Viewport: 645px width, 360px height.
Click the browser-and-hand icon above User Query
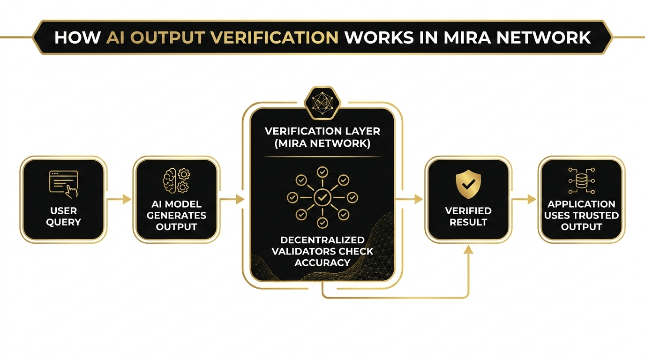point(64,182)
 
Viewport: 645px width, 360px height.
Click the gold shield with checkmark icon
point(468,184)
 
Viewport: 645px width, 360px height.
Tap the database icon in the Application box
point(581,179)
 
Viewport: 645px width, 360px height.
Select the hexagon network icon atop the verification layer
point(322,100)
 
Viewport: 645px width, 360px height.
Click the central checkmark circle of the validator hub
point(322,198)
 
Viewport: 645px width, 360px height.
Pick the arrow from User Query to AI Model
point(120,199)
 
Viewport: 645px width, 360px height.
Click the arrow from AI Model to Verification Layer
point(233,199)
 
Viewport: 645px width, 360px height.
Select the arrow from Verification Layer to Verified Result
point(410,199)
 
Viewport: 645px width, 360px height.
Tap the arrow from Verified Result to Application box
point(524,199)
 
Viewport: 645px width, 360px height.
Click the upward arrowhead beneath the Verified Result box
point(468,251)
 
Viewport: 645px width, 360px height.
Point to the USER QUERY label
point(64,216)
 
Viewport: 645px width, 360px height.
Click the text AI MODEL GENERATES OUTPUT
point(176,216)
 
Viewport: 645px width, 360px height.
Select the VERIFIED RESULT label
point(468,216)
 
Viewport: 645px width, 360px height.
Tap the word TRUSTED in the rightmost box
point(596,216)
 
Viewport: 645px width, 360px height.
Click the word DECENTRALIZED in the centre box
point(322,240)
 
